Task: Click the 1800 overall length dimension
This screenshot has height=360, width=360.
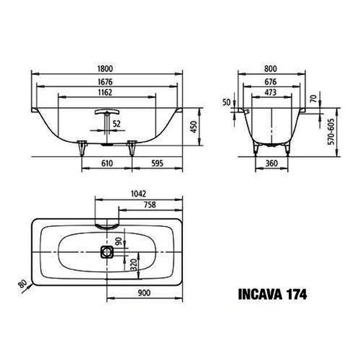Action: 105,68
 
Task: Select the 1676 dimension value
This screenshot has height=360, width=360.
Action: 105,82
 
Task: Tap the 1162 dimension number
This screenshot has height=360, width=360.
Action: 105,92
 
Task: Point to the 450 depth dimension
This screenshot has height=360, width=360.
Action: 194,127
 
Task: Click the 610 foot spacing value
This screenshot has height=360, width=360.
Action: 107,163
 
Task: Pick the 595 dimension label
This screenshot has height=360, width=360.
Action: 157,163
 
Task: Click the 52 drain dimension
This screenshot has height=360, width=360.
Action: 116,124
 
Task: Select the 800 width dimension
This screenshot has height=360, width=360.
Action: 271,68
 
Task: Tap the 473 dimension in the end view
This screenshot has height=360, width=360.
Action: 271,92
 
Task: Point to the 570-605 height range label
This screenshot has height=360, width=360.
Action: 331,132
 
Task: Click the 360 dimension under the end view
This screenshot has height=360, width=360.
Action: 272,163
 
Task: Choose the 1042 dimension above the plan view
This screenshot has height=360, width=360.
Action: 139,194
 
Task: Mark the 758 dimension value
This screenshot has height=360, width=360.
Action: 149,205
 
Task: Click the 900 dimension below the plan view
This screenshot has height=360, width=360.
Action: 144,293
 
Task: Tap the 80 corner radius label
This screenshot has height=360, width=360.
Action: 23,284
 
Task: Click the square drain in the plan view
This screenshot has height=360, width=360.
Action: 107,252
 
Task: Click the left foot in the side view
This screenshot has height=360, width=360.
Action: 82,148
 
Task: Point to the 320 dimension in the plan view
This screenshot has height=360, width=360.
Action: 134,265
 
